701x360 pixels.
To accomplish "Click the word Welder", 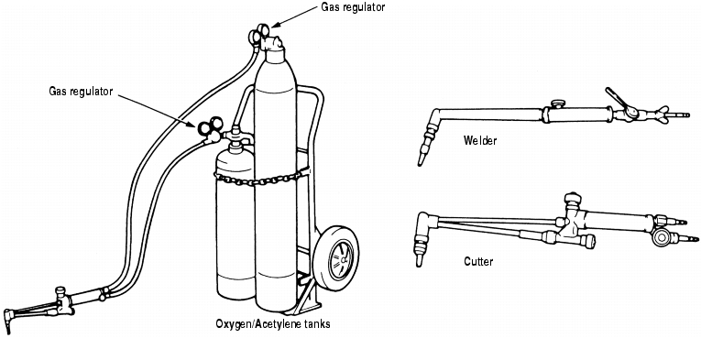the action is pos(479,141).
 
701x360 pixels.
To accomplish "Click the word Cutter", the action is pos(478,261).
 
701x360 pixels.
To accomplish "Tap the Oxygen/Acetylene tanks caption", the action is pos(273,324).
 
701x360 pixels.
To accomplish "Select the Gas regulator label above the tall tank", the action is pos(353,7).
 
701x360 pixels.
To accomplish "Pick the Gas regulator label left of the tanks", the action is pos(81,92).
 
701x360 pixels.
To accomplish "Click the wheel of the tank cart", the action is pos(335,258).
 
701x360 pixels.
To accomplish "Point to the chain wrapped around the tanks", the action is pos(261,178).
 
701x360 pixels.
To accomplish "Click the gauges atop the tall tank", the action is pos(259,34).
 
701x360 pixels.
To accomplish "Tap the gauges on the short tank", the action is pos(209,126).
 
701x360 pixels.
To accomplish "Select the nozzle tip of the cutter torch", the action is pos(419,261).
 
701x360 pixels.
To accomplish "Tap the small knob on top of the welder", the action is pos(557,104).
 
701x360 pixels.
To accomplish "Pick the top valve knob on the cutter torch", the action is pos(572,199).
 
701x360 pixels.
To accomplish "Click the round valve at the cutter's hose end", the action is pos(661,237).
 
